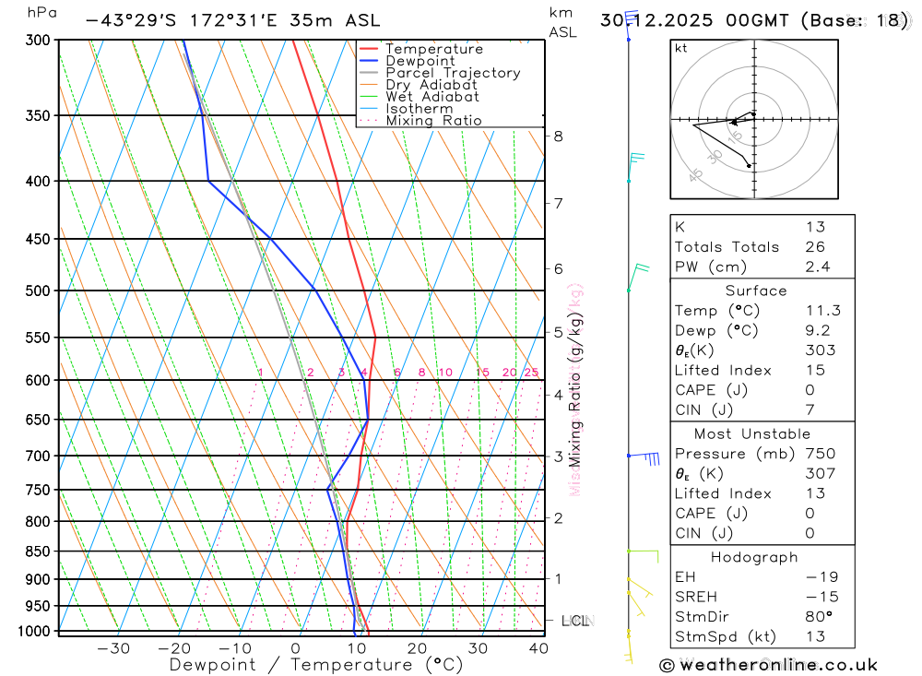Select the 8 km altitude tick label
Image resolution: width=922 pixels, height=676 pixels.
tap(558, 136)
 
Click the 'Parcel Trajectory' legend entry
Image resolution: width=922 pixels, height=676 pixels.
tap(453, 73)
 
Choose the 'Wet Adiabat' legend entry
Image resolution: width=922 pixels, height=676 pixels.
tap(432, 97)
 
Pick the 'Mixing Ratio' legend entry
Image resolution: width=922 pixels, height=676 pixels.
tap(433, 121)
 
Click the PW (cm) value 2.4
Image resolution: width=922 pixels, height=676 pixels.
tap(817, 267)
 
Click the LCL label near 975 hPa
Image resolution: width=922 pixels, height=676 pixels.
tap(575, 621)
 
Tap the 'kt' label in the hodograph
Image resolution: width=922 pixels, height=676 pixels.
tap(681, 49)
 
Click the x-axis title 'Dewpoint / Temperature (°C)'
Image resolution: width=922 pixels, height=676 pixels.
tap(316, 665)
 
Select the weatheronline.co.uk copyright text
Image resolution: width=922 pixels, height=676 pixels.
tap(769, 665)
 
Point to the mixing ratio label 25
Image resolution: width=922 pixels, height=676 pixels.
tap(531, 373)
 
